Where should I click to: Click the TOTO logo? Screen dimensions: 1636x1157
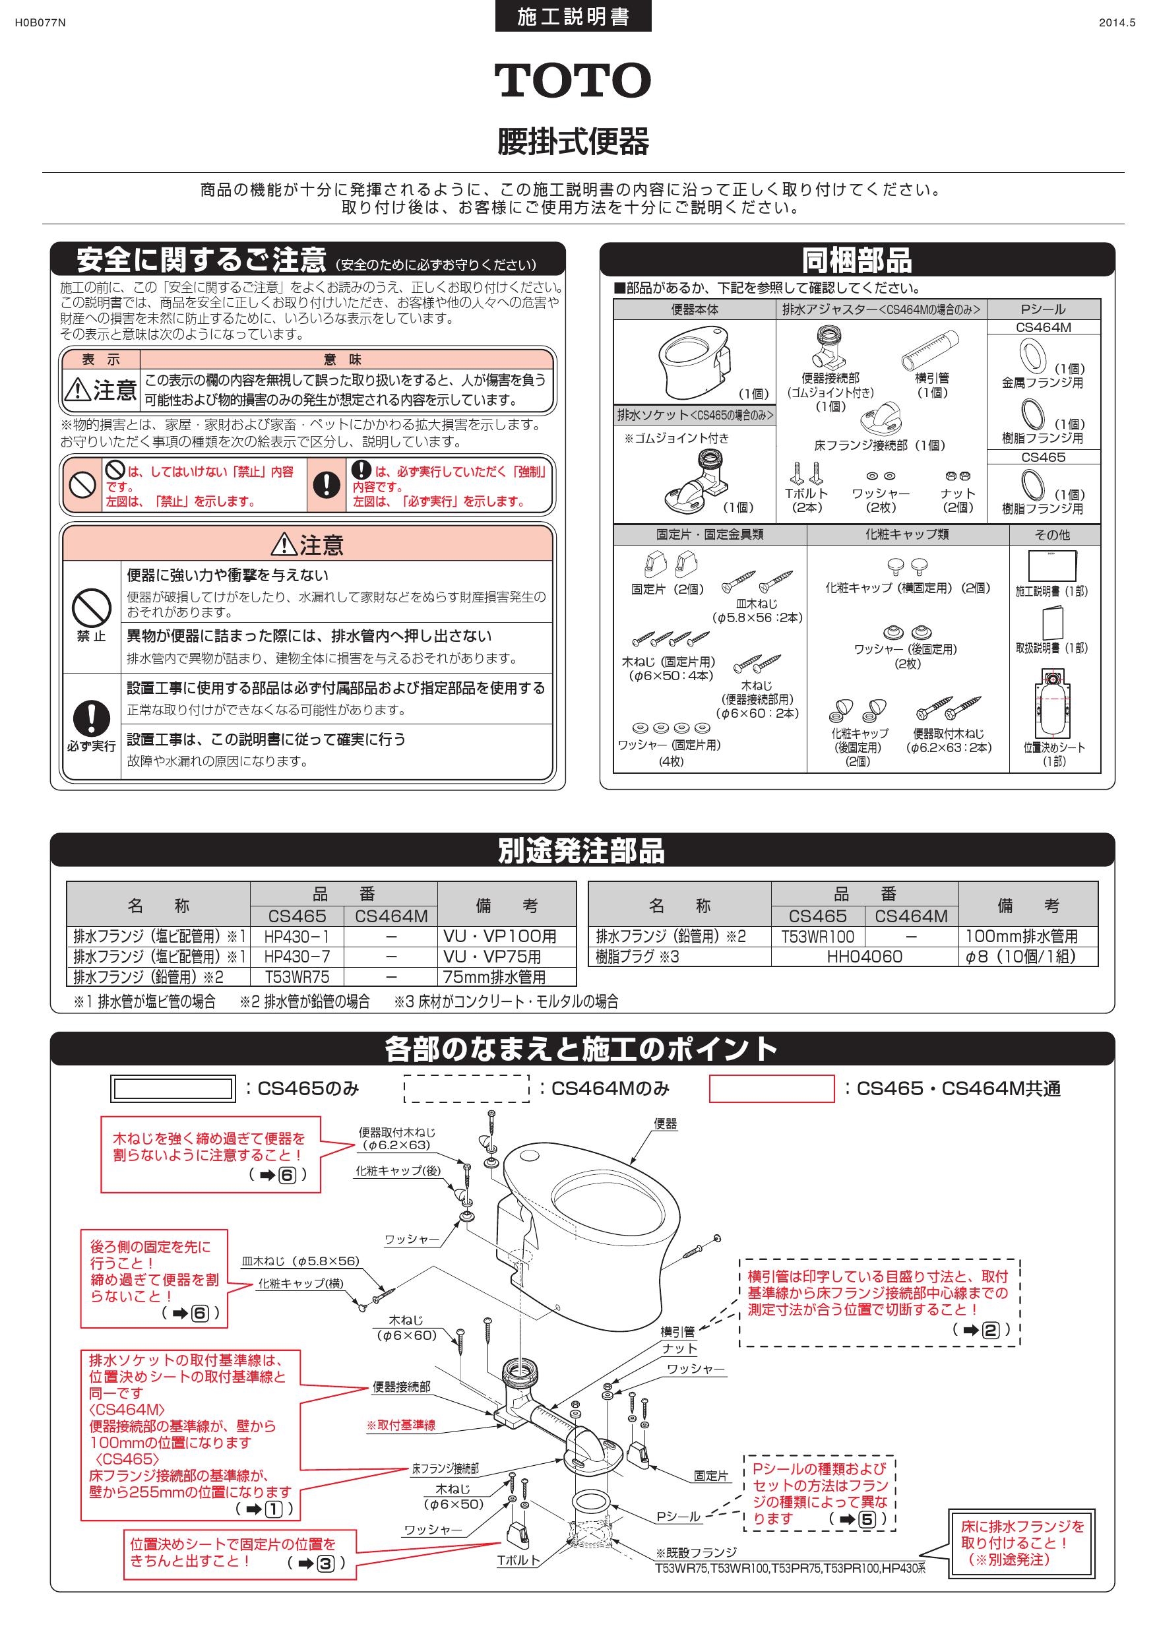(x=572, y=80)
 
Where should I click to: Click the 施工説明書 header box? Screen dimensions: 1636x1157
(x=573, y=16)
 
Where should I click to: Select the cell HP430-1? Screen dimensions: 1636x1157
(x=296, y=936)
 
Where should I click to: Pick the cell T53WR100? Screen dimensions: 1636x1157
(x=817, y=936)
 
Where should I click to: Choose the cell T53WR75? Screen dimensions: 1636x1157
(x=296, y=977)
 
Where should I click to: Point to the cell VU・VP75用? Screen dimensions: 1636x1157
(x=491, y=957)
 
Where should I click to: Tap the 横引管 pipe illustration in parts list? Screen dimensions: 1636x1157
(x=931, y=349)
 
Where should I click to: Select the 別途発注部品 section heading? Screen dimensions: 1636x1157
(x=581, y=850)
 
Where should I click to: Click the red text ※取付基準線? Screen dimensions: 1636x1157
(x=401, y=1425)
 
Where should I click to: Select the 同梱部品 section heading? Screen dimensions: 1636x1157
(x=856, y=260)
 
